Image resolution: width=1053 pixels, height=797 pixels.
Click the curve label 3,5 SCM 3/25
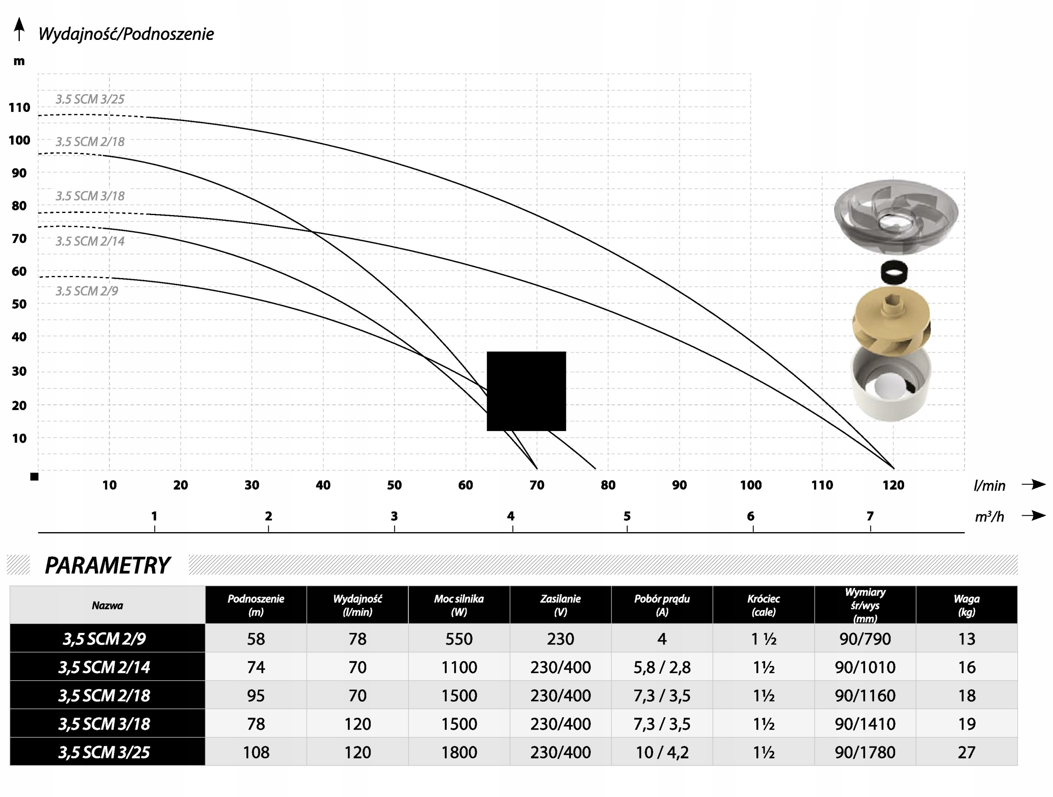[x=90, y=100]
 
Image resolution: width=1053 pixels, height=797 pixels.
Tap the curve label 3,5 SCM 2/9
[x=87, y=291]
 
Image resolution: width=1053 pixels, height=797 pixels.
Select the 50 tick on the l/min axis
[x=394, y=485]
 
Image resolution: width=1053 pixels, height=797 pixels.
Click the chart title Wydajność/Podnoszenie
[x=126, y=34]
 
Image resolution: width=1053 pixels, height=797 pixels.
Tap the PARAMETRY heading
[x=107, y=565]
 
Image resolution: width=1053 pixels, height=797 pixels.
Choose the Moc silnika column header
[x=459, y=605]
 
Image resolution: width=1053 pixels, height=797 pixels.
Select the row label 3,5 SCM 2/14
[x=104, y=667]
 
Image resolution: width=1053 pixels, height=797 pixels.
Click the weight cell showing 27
[x=967, y=752]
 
